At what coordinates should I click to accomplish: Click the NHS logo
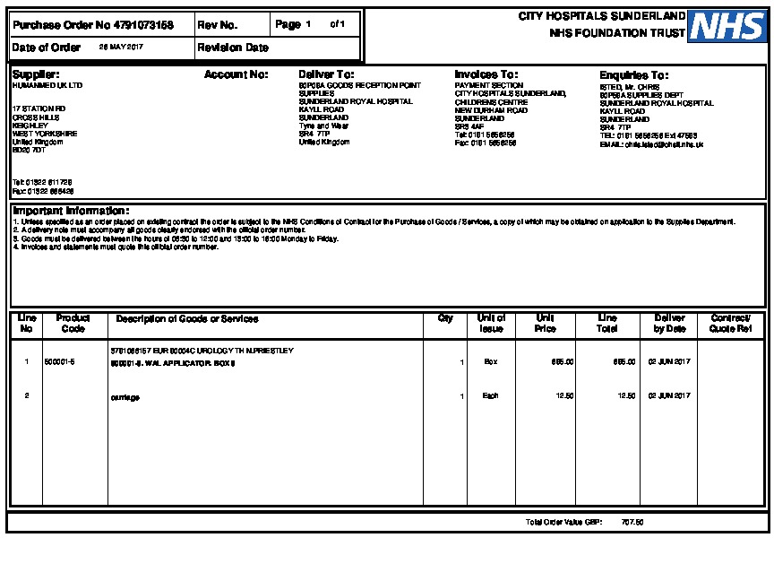click(727, 26)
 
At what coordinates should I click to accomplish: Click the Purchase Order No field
click(93, 25)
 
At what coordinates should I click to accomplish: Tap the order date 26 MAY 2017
click(121, 48)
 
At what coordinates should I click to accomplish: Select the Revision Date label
click(233, 48)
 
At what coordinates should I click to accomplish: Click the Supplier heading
click(36, 74)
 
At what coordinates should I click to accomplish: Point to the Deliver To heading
click(326, 74)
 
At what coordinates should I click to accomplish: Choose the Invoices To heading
click(486, 74)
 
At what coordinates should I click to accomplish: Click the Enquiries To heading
click(633, 75)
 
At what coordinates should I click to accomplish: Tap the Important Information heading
click(71, 211)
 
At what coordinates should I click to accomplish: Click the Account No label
click(236, 74)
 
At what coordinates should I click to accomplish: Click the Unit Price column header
click(545, 324)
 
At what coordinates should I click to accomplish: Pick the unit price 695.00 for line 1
click(563, 362)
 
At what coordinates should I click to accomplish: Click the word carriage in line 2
click(125, 396)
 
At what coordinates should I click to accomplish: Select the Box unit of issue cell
click(491, 362)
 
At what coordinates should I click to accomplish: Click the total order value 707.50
click(632, 522)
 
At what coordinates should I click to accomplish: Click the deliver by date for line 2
click(669, 396)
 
